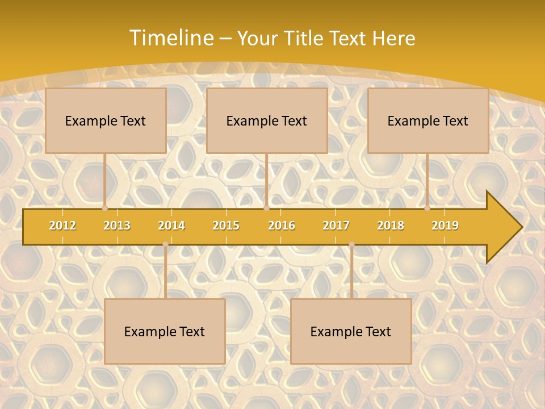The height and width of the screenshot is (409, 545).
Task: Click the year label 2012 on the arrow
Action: click(x=62, y=226)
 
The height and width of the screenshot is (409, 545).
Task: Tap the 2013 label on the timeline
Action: click(x=117, y=226)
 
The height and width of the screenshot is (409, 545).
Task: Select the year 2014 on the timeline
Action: click(x=171, y=226)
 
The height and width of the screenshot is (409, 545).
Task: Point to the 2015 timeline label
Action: click(x=226, y=226)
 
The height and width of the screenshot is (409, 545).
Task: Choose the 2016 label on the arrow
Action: click(x=282, y=226)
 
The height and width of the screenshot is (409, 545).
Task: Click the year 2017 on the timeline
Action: click(x=336, y=226)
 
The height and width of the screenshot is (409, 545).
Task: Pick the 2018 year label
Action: click(x=391, y=226)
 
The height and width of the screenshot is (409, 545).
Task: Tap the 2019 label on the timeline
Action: click(x=445, y=226)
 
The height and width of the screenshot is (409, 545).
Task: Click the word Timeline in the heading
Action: click(x=170, y=38)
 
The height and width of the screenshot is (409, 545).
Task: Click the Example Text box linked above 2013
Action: click(x=106, y=120)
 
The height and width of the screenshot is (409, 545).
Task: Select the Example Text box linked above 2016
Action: click(x=267, y=120)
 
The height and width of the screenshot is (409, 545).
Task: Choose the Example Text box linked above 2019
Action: click(x=428, y=120)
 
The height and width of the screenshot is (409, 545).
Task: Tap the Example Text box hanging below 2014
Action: click(x=165, y=331)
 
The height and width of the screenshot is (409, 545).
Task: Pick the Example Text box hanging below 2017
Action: click(x=351, y=331)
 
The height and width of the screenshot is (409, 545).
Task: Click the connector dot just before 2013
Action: click(x=104, y=208)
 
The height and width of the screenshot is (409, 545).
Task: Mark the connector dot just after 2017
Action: click(x=351, y=244)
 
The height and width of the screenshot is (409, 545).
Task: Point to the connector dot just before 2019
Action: click(x=427, y=208)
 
